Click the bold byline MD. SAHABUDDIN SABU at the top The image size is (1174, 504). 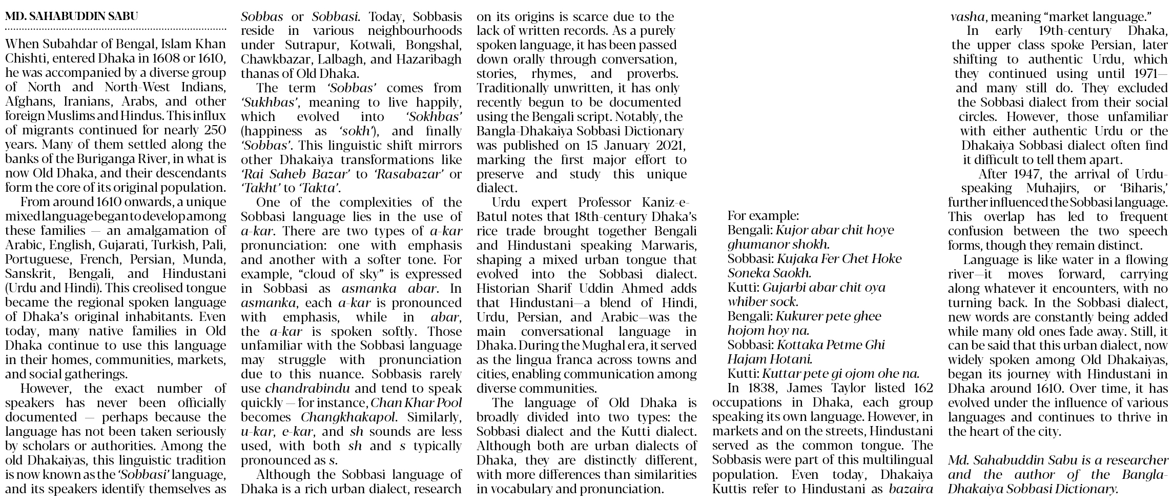[x=71, y=16]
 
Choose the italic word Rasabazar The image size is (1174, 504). [x=408, y=174]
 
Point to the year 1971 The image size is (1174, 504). [x=1139, y=74]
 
